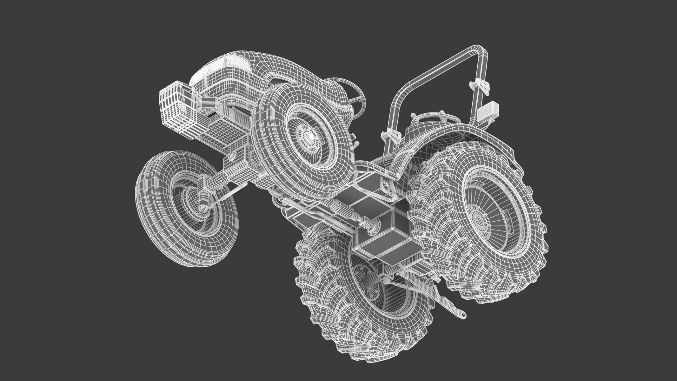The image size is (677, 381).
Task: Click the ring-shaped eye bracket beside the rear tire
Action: point(386,187)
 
